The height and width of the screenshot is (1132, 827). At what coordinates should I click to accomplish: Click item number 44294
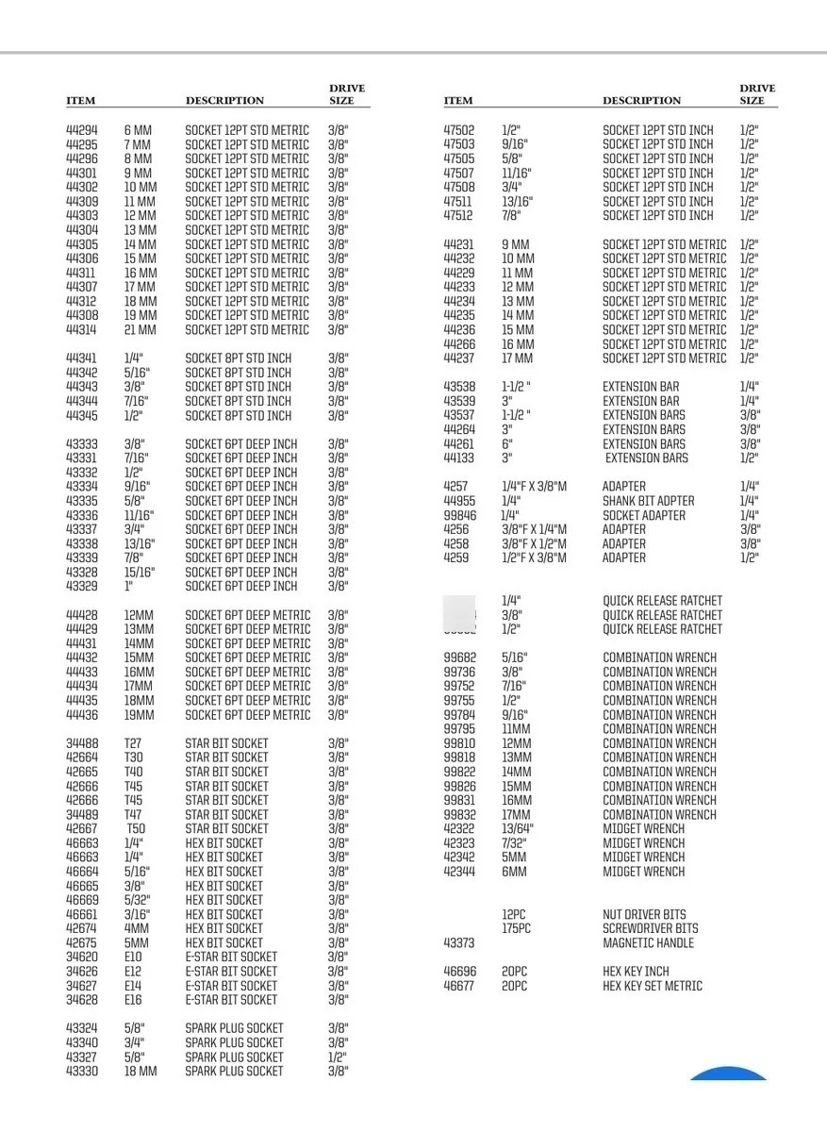[81, 130]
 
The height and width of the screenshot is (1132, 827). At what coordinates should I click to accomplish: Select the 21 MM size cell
[140, 330]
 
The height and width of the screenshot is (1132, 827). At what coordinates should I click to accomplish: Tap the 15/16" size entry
[139, 572]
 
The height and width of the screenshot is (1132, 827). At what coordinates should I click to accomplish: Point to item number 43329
[81, 586]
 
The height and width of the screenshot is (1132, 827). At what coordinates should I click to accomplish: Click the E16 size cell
[134, 999]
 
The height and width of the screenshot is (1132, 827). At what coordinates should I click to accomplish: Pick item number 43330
[81, 1072]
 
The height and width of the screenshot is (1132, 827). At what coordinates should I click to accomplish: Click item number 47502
[459, 130]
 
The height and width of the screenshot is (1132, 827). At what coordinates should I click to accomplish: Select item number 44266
[459, 344]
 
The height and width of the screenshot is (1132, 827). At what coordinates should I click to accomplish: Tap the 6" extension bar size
[506, 443]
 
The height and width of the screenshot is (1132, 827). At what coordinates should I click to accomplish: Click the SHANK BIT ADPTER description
[649, 501]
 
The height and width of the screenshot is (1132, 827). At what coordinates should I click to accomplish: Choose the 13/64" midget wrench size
[518, 829]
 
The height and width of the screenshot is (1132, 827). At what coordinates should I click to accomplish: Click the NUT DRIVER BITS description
[644, 914]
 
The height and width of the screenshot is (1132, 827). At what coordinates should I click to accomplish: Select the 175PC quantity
[516, 928]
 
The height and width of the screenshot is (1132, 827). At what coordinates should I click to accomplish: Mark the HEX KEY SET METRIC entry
[653, 986]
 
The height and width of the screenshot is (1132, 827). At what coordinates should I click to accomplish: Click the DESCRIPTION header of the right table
[641, 101]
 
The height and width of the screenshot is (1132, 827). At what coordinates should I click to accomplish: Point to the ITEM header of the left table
[80, 101]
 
